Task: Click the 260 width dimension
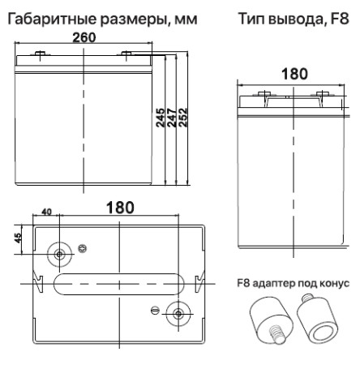84,38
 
